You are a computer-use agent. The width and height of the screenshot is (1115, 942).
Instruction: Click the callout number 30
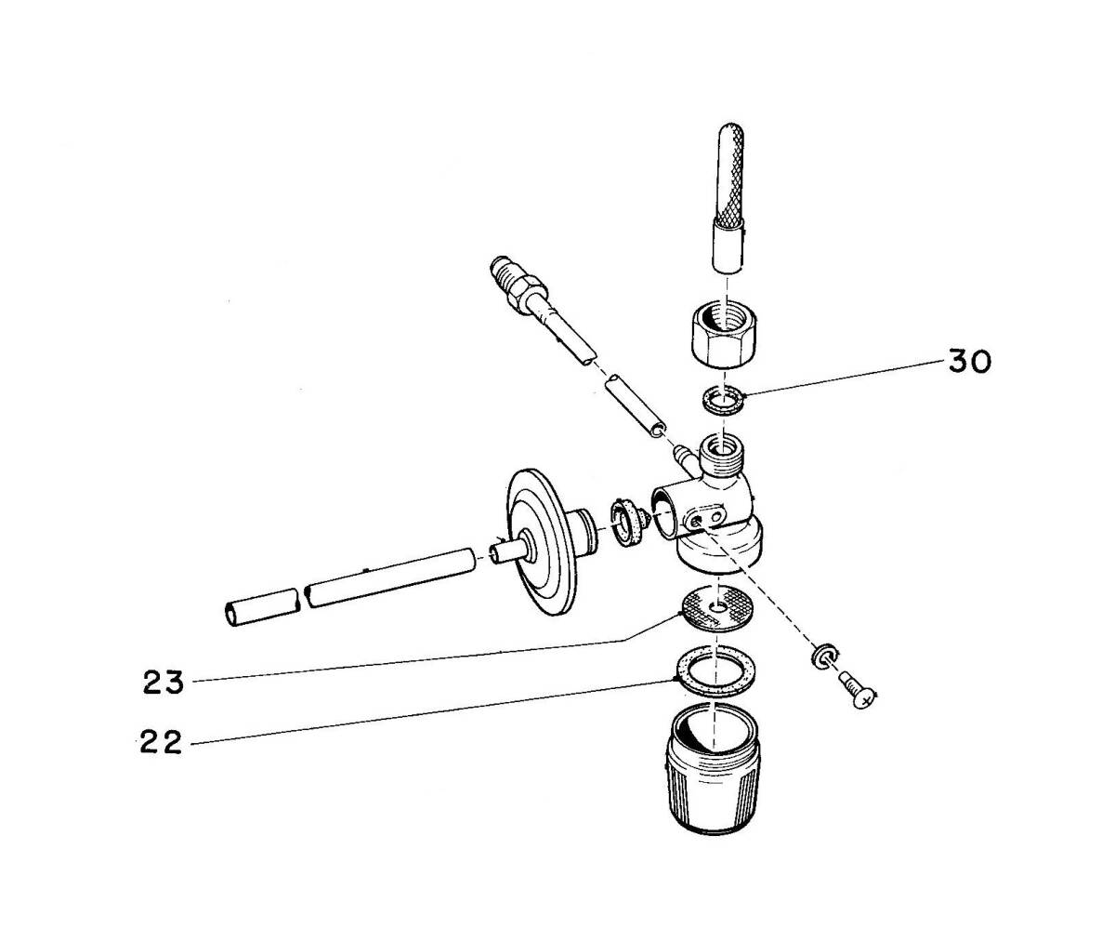click(x=969, y=362)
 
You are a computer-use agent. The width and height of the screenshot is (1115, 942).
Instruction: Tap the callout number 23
click(x=164, y=683)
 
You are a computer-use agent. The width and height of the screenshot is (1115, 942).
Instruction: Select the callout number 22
click(x=161, y=742)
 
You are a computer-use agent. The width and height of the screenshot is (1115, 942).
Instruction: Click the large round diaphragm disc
click(x=542, y=543)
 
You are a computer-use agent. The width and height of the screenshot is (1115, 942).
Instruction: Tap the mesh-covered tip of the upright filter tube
click(x=730, y=173)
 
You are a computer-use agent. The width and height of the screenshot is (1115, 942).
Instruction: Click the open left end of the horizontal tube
click(x=231, y=615)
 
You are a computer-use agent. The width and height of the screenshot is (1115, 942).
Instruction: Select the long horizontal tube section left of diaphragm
click(x=390, y=578)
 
